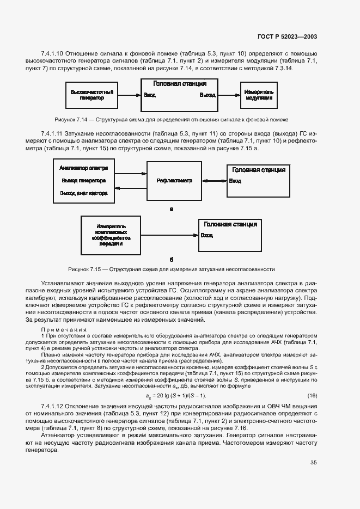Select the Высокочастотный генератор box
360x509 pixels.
click(91, 95)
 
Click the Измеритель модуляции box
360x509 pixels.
click(259, 95)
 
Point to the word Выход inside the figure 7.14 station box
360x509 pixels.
click(208, 95)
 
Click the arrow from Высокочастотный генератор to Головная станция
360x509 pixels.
click(129, 95)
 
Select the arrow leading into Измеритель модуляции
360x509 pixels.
click(229, 95)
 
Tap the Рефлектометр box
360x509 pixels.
click(173, 180)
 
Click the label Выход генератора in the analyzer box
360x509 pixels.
click(83, 180)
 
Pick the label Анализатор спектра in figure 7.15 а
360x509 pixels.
click(83, 168)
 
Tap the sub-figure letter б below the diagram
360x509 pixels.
click(171, 260)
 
